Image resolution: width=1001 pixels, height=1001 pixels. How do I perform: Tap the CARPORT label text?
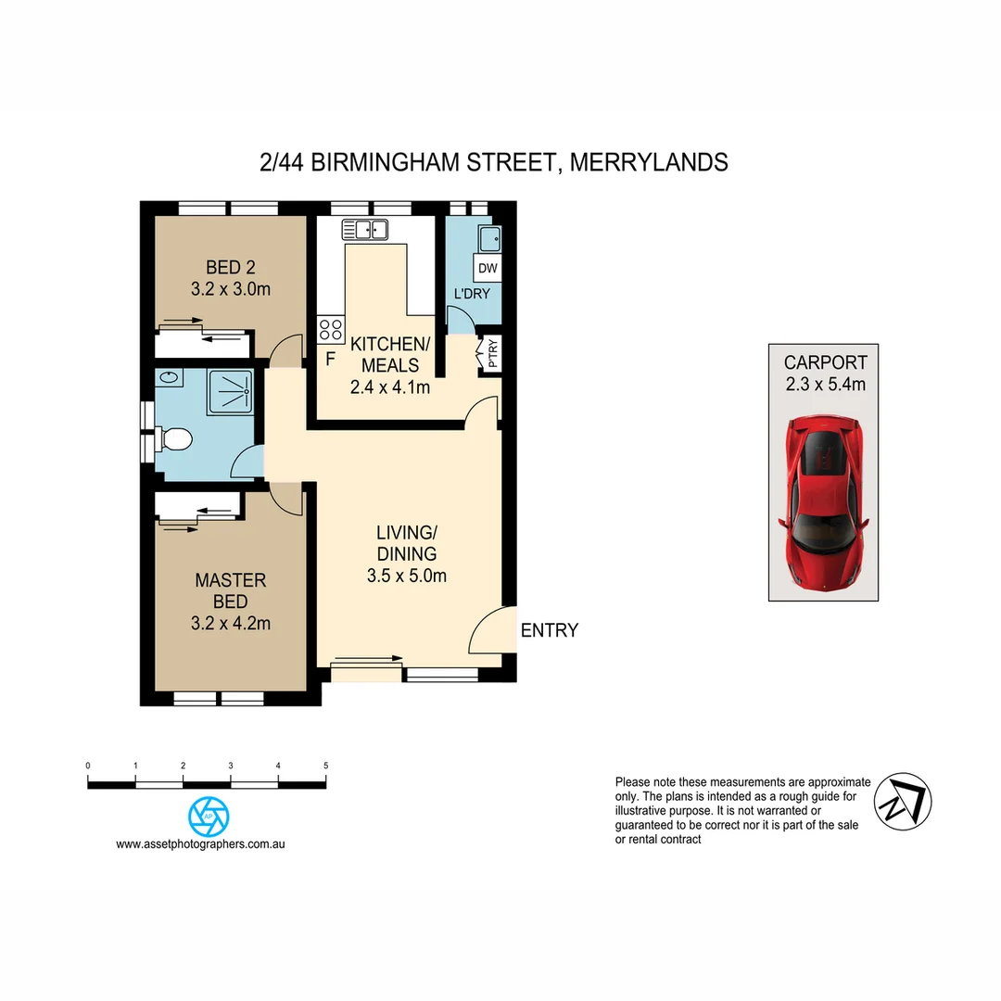coord(825,362)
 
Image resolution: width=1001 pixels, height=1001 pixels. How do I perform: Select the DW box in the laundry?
coord(488,269)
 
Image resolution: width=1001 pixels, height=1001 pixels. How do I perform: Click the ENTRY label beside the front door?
coord(549,631)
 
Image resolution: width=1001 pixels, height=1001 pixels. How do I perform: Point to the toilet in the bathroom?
coord(172,438)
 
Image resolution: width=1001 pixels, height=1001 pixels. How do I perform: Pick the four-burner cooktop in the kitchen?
coord(330,329)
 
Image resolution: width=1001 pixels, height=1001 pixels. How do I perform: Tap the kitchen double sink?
coord(364,229)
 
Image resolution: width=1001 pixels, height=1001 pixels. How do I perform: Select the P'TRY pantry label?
coord(491,354)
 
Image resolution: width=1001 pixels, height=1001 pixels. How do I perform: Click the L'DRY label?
coord(470,294)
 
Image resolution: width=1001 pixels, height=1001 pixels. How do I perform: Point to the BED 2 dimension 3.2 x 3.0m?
coord(230,289)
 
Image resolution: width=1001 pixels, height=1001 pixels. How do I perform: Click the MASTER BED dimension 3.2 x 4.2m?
coord(230,624)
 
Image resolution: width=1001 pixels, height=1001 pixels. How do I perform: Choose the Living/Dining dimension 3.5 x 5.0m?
coord(406,576)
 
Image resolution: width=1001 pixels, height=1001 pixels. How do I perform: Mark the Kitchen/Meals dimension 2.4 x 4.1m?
coord(389,387)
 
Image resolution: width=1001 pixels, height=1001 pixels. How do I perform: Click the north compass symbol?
coord(903,801)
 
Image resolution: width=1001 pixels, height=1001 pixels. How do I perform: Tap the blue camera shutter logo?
coord(209,817)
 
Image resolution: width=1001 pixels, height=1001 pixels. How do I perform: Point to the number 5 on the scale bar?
coord(325,767)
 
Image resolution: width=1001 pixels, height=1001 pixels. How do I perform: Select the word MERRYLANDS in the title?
coord(649,162)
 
